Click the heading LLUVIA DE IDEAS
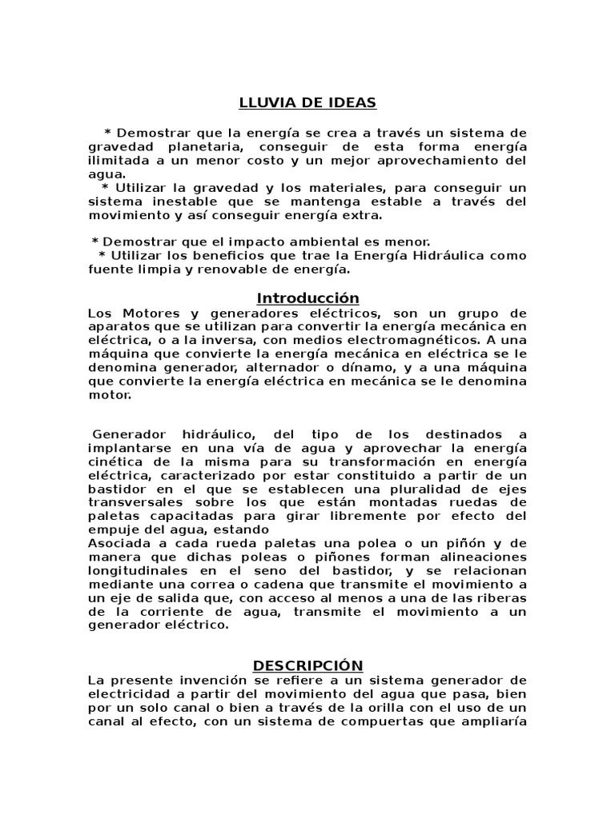click(307, 102)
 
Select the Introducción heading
click(307, 298)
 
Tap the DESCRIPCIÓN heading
click(307, 665)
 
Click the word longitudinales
click(137, 571)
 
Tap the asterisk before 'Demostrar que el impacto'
click(95, 242)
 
